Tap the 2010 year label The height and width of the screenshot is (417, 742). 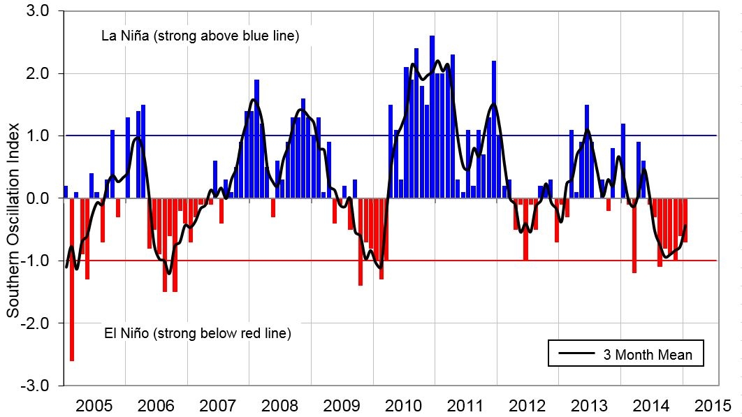[x=404, y=405]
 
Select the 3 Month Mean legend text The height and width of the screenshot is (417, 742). [x=648, y=355]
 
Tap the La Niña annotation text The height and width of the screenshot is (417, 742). [x=201, y=36]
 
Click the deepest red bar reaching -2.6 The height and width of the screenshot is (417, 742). [x=71, y=279]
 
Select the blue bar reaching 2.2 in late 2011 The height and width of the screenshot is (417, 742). [x=494, y=129]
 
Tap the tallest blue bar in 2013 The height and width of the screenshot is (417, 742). [x=587, y=152]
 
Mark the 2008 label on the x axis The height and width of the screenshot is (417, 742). [x=280, y=405]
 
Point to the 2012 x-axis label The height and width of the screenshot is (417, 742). [x=528, y=405]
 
